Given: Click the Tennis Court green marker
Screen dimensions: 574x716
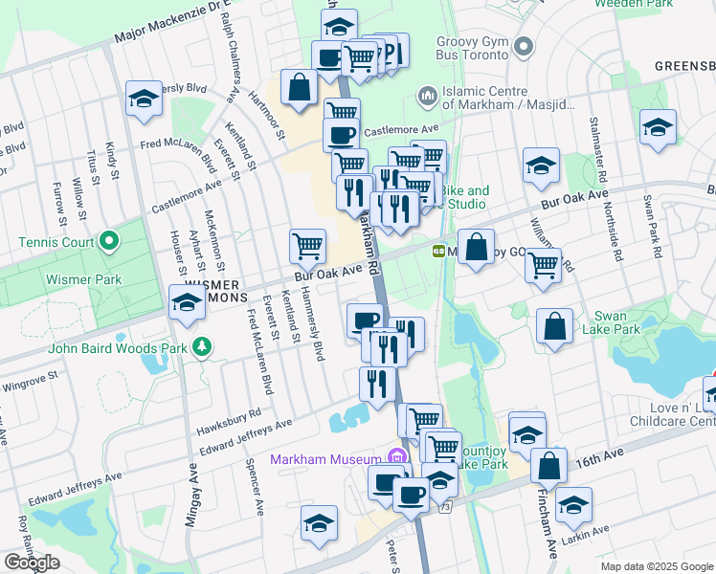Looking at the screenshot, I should pyautogui.click(x=108, y=240).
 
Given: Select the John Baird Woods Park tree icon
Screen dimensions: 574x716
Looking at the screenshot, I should pyautogui.click(x=202, y=345).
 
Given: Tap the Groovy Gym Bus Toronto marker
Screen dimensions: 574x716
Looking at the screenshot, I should pyautogui.click(x=523, y=46).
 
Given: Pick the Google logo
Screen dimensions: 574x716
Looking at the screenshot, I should pyautogui.click(x=32, y=563).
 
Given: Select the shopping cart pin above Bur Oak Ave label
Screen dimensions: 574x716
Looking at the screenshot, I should pyautogui.click(x=308, y=246).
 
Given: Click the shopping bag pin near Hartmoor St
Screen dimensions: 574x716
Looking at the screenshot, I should pyautogui.click(x=300, y=87).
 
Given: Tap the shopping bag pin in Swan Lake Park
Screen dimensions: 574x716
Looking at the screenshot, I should pyautogui.click(x=555, y=326).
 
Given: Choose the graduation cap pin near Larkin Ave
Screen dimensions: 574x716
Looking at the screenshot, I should pyautogui.click(x=574, y=505).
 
